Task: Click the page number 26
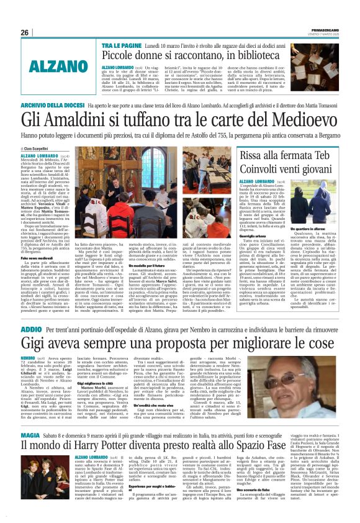(x=25, y=32)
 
